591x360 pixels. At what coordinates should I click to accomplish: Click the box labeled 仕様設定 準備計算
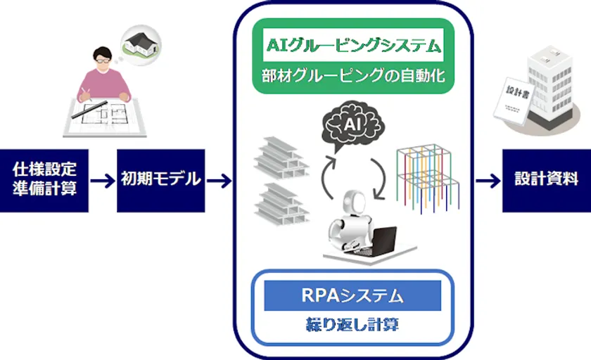point(44,181)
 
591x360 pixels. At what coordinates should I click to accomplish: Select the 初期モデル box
point(161,181)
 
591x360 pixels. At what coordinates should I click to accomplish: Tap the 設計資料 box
point(547,181)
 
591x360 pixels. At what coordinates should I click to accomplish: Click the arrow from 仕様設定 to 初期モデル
point(103,181)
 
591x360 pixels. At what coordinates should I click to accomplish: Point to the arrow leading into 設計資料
point(488,181)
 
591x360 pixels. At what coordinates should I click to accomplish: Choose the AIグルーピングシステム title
point(353,45)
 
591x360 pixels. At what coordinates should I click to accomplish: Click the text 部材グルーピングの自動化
point(353,76)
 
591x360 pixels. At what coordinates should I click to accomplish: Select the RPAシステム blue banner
point(352,295)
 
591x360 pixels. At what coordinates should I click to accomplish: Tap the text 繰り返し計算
point(352,324)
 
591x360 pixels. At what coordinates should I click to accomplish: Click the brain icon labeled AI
point(352,124)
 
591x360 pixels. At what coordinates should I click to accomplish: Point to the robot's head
point(355,202)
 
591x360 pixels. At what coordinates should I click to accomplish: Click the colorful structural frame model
point(428,178)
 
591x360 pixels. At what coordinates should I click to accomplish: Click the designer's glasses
point(103,60)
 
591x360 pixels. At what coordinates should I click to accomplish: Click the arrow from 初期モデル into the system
point(220,181)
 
